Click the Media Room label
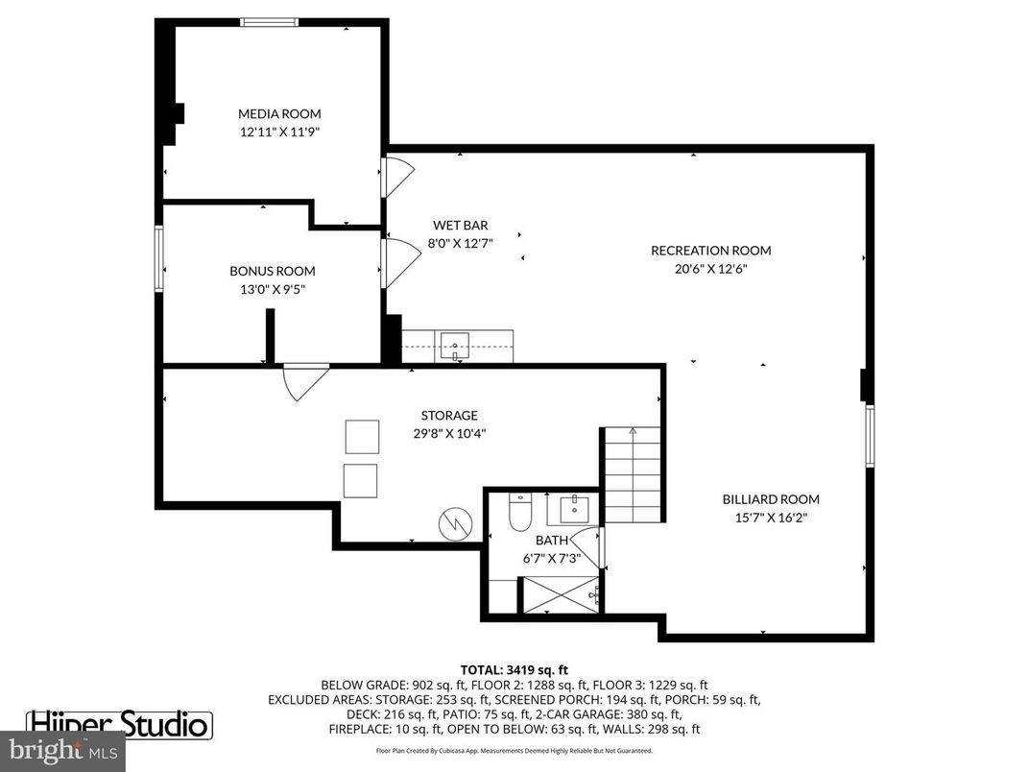tap(279, 113)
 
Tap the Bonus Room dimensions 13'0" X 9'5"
tap(272, 288)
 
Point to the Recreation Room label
tap(710, 251)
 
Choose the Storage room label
tap(448, 416)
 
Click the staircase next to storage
tap(633, 474)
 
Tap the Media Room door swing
tap(397, 177)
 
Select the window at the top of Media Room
tap(269, 22)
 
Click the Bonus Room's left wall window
tap(159, 257)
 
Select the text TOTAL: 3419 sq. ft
tap(514, 669)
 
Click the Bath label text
tap(551, 541)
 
